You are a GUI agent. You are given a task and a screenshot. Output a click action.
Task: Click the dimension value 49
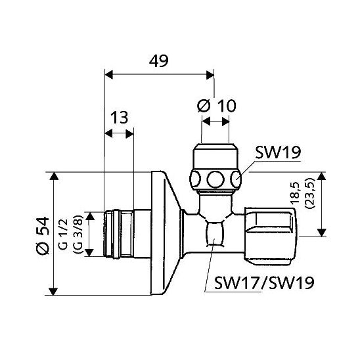click(x=158, y=61)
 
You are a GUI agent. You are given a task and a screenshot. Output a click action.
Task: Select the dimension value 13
click(x=120, y=118)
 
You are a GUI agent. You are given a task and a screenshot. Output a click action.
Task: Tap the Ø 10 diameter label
click(x=217, y=106)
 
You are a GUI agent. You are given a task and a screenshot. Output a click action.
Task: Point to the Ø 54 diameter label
click(x=43, y=235)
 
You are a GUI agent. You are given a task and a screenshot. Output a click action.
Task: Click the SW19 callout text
click(x=278, y=152)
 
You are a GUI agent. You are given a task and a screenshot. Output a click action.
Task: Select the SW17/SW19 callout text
click(x=264, y=282)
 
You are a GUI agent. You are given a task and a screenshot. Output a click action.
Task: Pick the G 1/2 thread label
click(x=63, y=234)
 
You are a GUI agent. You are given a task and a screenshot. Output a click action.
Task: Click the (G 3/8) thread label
click(x=78, y=234)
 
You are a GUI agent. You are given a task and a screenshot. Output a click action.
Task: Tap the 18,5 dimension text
click(x=295, y=193)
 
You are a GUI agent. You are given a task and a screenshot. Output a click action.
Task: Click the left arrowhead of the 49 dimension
click(x=108, y=75)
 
